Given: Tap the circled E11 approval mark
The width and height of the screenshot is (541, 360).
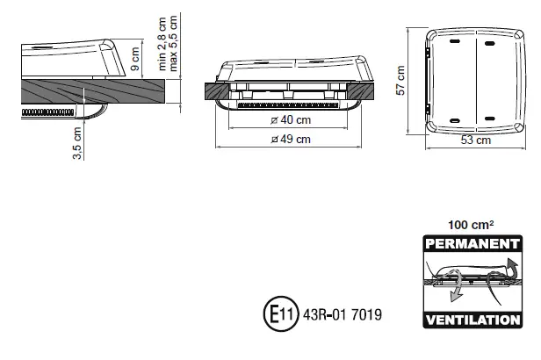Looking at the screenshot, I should [276, 313].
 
